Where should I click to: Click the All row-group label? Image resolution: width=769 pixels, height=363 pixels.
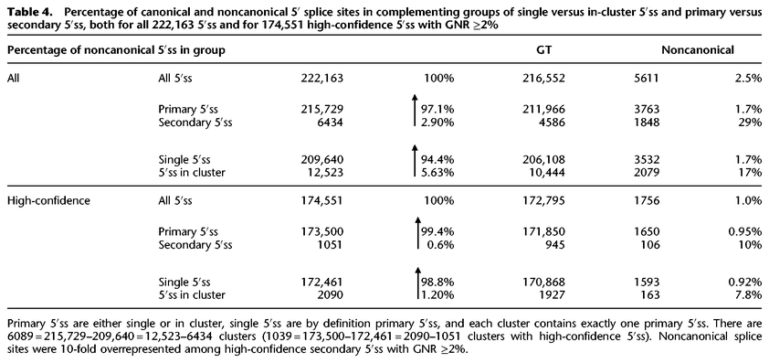[15, 79]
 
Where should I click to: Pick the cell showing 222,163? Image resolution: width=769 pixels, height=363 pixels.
[321, 79]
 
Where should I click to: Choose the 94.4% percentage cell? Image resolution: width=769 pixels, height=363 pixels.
[437, 156]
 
